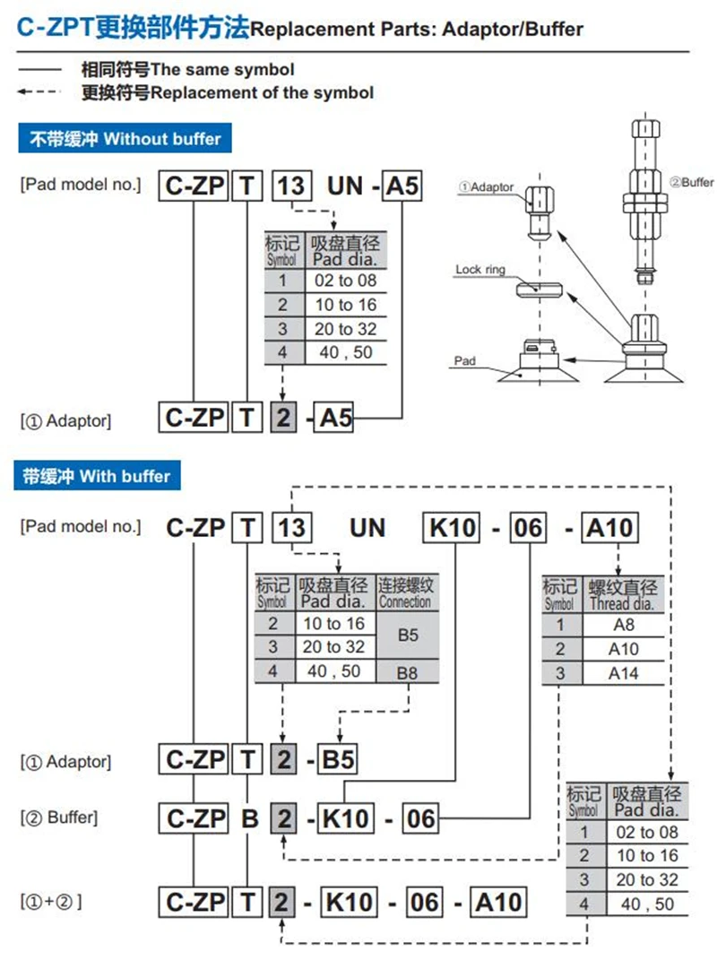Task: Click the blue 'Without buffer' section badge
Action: (x=125, y=138)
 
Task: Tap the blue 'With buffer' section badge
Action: (x=97, y=476)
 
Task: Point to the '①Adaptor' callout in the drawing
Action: (x=487, y=186)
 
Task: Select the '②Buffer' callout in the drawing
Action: (x=691, y=182)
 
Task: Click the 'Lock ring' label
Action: (x=480, y=270)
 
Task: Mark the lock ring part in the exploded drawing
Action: (x=539, y=289)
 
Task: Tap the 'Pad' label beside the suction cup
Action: (x=465, y=360)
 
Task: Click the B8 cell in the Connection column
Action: (x=407, y=673)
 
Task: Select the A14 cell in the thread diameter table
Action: (x=623, y=673)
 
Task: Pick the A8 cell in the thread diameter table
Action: (x=623, y=625)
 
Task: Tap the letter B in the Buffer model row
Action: (x=250, y=818)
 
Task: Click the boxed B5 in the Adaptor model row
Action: (x=337, y=760)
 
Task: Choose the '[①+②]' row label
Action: (x=51, y=901)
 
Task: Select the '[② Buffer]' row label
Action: (x=59, y=817)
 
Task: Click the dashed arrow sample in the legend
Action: (x=39, y=91)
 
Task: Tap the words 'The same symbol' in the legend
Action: (x=222, y=70)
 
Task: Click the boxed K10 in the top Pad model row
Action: (x=452, y=528)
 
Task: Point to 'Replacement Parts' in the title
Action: (x=342, y=29)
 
